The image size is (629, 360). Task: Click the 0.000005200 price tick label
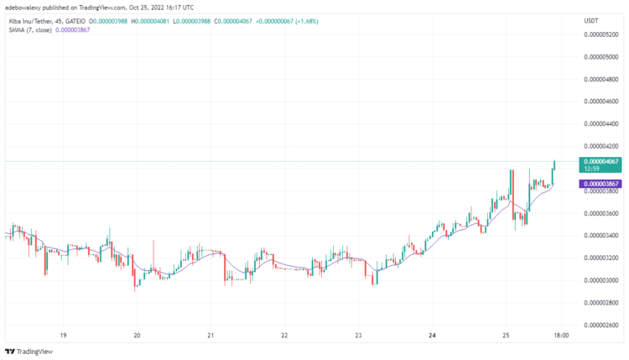point(600,34)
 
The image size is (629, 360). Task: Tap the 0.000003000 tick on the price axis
point(600,280)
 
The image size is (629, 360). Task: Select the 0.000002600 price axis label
point(600,325)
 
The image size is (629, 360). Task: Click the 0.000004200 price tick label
point(600,146)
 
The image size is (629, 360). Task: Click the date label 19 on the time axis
point(63,336)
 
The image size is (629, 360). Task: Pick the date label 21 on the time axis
point(211,336)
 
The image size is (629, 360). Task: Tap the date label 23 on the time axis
point(358,336)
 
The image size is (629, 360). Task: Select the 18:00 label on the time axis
point(562,336)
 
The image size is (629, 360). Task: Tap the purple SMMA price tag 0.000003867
point(600,184)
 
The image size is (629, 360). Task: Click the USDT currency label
point(590,20)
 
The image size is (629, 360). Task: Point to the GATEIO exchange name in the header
point(75,20)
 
